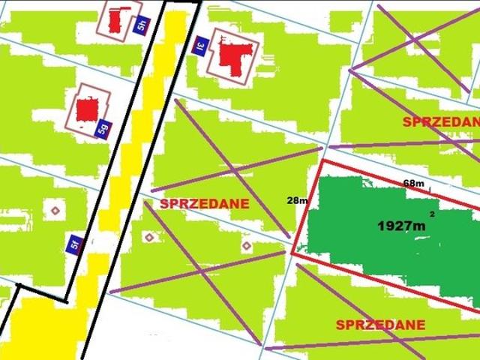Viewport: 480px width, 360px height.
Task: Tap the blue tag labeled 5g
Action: tap(104, 128)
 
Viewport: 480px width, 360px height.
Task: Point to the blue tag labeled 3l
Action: tap(200, 46)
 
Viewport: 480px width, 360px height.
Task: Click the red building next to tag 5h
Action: tap(115, 20)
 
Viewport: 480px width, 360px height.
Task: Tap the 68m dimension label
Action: tap(413, 183)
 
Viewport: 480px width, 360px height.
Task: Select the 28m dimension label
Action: tap(297, 200)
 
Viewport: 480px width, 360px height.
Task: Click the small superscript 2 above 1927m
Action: tap(431, 214)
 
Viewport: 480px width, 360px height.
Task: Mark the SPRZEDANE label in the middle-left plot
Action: tap(204, 203)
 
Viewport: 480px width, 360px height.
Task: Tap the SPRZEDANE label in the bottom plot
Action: tap(380, 325)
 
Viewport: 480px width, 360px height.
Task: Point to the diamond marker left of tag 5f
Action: tap(54, 209)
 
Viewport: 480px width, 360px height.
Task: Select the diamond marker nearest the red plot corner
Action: tap(247, 245)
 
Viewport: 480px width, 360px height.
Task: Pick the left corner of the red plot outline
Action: tap(292, 253)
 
